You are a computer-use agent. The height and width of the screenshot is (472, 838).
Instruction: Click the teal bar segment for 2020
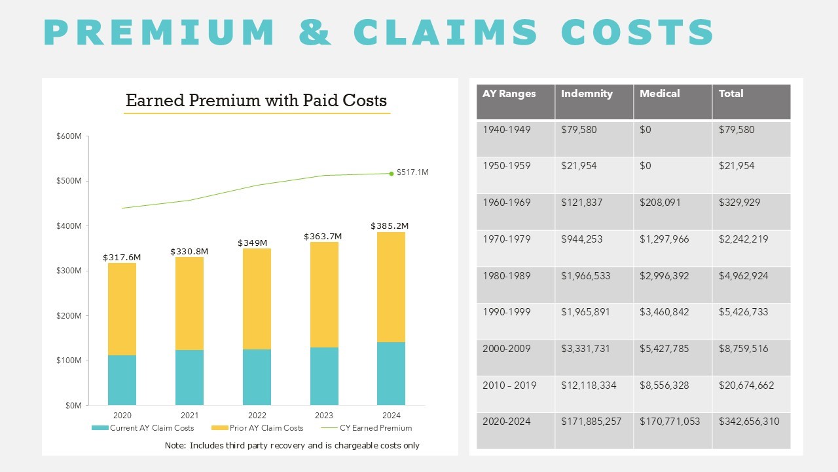[x=122, y=380]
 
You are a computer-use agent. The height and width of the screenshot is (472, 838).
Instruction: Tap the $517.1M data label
[x=412, y=172]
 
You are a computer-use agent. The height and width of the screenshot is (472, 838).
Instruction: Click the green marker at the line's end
[x=392, y=174]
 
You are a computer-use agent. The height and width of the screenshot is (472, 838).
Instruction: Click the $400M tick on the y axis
[x=69, y=226]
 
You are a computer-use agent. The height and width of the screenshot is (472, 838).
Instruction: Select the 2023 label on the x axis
[x=323, y=416]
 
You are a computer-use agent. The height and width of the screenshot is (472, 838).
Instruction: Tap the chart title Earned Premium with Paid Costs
[x=256, y=100]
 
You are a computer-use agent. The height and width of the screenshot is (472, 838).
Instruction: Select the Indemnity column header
[x=587, y=94]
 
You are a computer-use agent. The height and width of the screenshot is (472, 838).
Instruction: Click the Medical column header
[x=659, y=94]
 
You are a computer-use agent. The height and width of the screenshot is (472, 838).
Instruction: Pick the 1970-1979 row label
[x=506, y=239]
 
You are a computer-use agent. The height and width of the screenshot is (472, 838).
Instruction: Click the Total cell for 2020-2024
[x=749, y=422]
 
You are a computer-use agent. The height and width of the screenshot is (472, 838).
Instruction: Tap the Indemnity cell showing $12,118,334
[x=589, y=385]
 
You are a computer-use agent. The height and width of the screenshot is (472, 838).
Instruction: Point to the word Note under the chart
[x=175, y=446]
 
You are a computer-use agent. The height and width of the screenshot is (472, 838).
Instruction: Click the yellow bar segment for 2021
[x=189, y=304]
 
